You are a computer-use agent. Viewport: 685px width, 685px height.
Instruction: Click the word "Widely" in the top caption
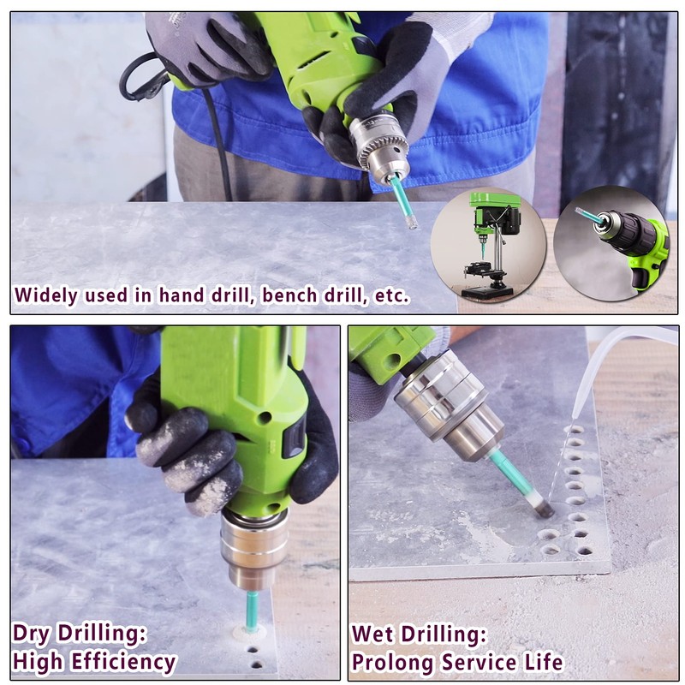pos(45,296)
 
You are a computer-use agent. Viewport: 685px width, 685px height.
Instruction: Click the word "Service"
pos(479,662)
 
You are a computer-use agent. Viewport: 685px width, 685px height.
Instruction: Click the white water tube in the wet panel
pos(599,360)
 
